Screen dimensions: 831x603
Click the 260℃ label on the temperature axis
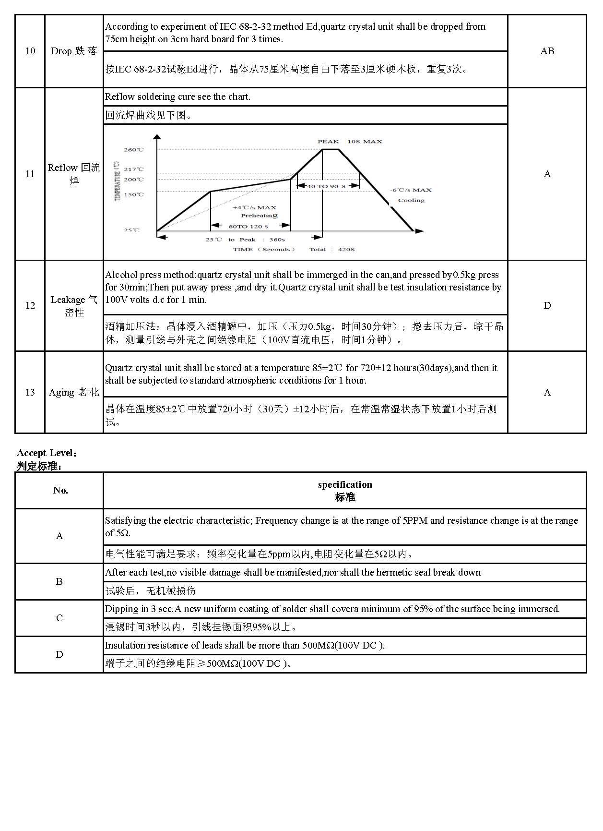[133, 150]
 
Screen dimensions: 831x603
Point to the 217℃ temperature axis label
[133, 169]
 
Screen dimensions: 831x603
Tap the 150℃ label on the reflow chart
[133, 195]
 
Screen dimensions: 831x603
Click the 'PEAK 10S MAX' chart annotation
[350, 142]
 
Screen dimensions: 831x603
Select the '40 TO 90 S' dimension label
[326, 186]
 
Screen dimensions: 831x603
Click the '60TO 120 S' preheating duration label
[248, 226]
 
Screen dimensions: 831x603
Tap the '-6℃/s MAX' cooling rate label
[411, 190]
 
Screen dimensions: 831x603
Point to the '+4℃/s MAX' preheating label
[254, 208]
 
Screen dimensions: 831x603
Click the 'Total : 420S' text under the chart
[332, 250]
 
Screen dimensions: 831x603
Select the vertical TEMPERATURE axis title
[118, 181]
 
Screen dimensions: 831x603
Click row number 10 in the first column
[30, 51]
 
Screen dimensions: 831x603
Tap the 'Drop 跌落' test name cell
[74, 51]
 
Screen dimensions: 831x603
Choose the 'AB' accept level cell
[547, 51]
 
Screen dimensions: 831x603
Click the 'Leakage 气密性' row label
[74, 306]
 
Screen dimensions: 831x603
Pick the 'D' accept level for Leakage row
[547, 306]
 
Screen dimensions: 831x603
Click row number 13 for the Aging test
[30, 393]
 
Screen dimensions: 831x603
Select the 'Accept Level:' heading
[47, 453]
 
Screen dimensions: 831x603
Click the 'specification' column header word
[345, 485]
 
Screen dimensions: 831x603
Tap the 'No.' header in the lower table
[60, 491]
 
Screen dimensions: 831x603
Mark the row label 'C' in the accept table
[59, 618]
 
